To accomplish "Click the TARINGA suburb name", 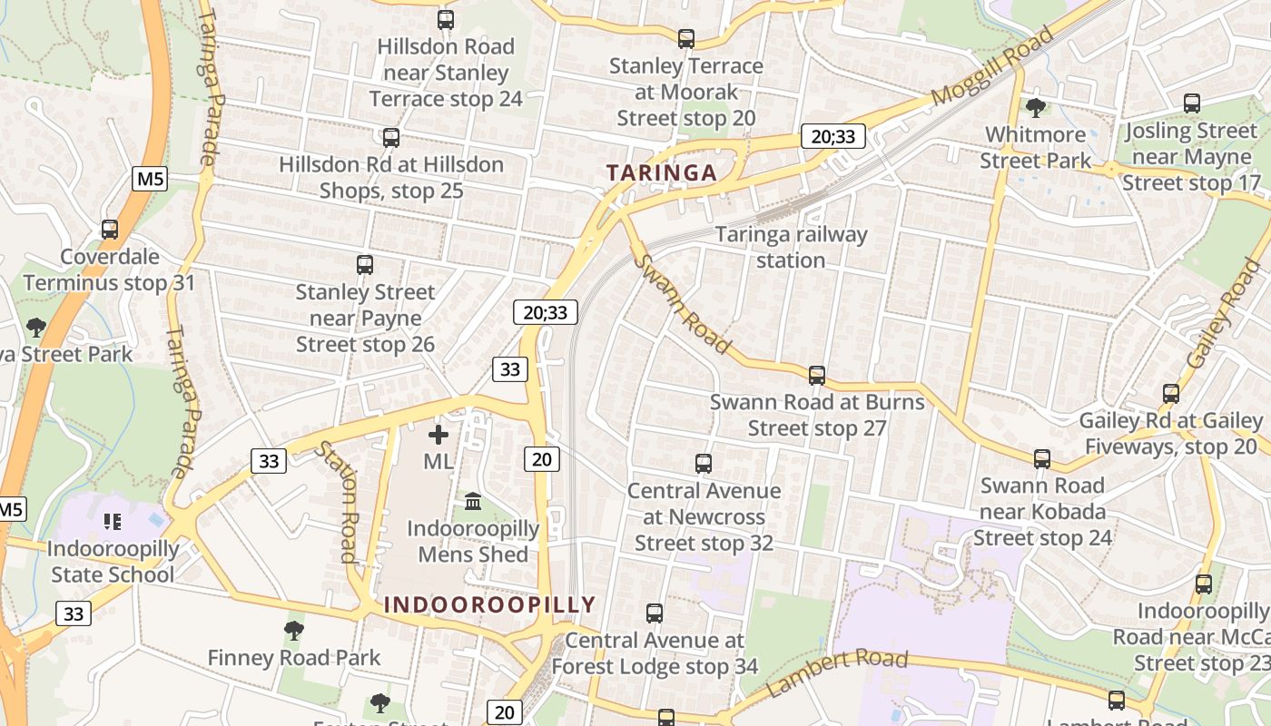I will [661, 172].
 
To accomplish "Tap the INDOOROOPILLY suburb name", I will [489, 604].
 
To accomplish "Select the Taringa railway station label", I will [791, 247].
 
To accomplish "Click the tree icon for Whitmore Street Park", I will [1035, 108].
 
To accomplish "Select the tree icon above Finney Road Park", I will [293, 630].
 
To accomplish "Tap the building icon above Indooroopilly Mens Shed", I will [473, 501].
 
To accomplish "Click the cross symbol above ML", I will [438, 435].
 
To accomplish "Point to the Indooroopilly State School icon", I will [113, 521].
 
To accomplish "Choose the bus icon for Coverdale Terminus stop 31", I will [110, 230].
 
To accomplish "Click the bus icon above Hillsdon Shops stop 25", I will [390, 138].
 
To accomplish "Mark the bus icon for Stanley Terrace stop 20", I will [686, 39].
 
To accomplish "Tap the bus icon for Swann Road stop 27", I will [817, 375].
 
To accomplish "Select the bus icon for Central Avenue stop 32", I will [704, 464].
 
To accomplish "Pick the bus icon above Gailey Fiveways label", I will [1171, 394].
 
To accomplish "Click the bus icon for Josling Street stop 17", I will [1192, 103].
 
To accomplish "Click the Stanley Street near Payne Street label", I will [365, 319].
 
